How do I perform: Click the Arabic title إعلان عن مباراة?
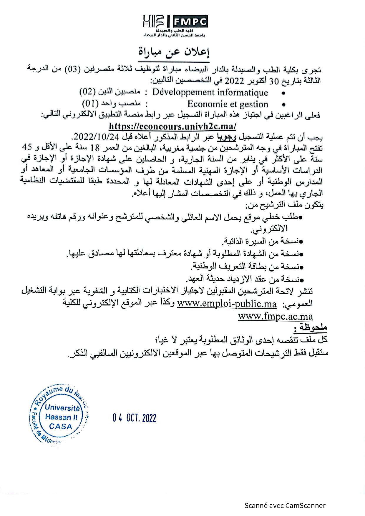[174, 52]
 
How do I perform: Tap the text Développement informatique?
[210, 92]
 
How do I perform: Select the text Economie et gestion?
[228, 104]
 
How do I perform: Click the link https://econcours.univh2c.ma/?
[172, 126]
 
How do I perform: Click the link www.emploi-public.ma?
[227, 304]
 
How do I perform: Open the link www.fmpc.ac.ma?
[275, 317]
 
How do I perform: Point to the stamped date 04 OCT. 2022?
[134, 418]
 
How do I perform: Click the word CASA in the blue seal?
[61, 426]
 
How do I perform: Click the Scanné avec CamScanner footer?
[285, 506]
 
